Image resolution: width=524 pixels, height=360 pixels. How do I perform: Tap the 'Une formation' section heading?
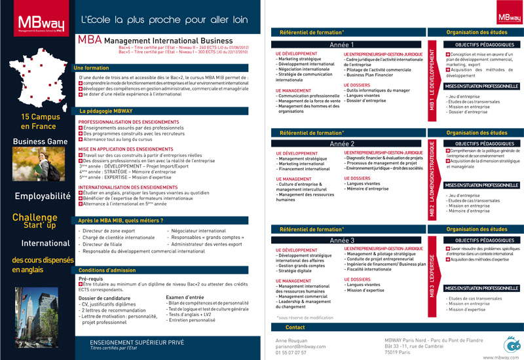pos(92,68)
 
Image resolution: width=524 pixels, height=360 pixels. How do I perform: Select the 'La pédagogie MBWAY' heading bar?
pos(105,111)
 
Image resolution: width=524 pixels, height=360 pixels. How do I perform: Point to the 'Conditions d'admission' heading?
pos(107,270)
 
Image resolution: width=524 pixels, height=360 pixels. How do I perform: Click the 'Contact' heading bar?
pos(295,327)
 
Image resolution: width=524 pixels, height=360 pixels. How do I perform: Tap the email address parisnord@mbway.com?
pos(301,346)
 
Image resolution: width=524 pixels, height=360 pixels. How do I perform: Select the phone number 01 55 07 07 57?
pos(291,353)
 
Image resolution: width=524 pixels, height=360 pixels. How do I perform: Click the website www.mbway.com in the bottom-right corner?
pos(501,357)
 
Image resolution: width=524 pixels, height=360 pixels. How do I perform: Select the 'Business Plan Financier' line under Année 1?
pos(373,75)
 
